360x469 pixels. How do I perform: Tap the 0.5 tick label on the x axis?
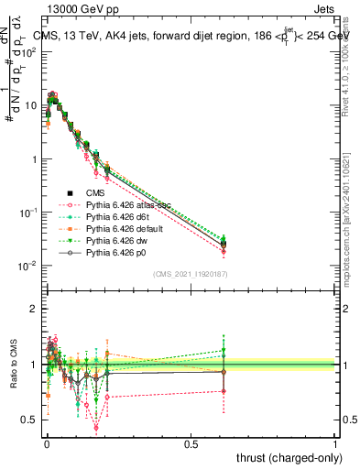pos(191,443)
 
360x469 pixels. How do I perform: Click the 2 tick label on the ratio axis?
pos(30,309)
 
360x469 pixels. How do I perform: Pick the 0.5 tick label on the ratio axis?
pos(27,420)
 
